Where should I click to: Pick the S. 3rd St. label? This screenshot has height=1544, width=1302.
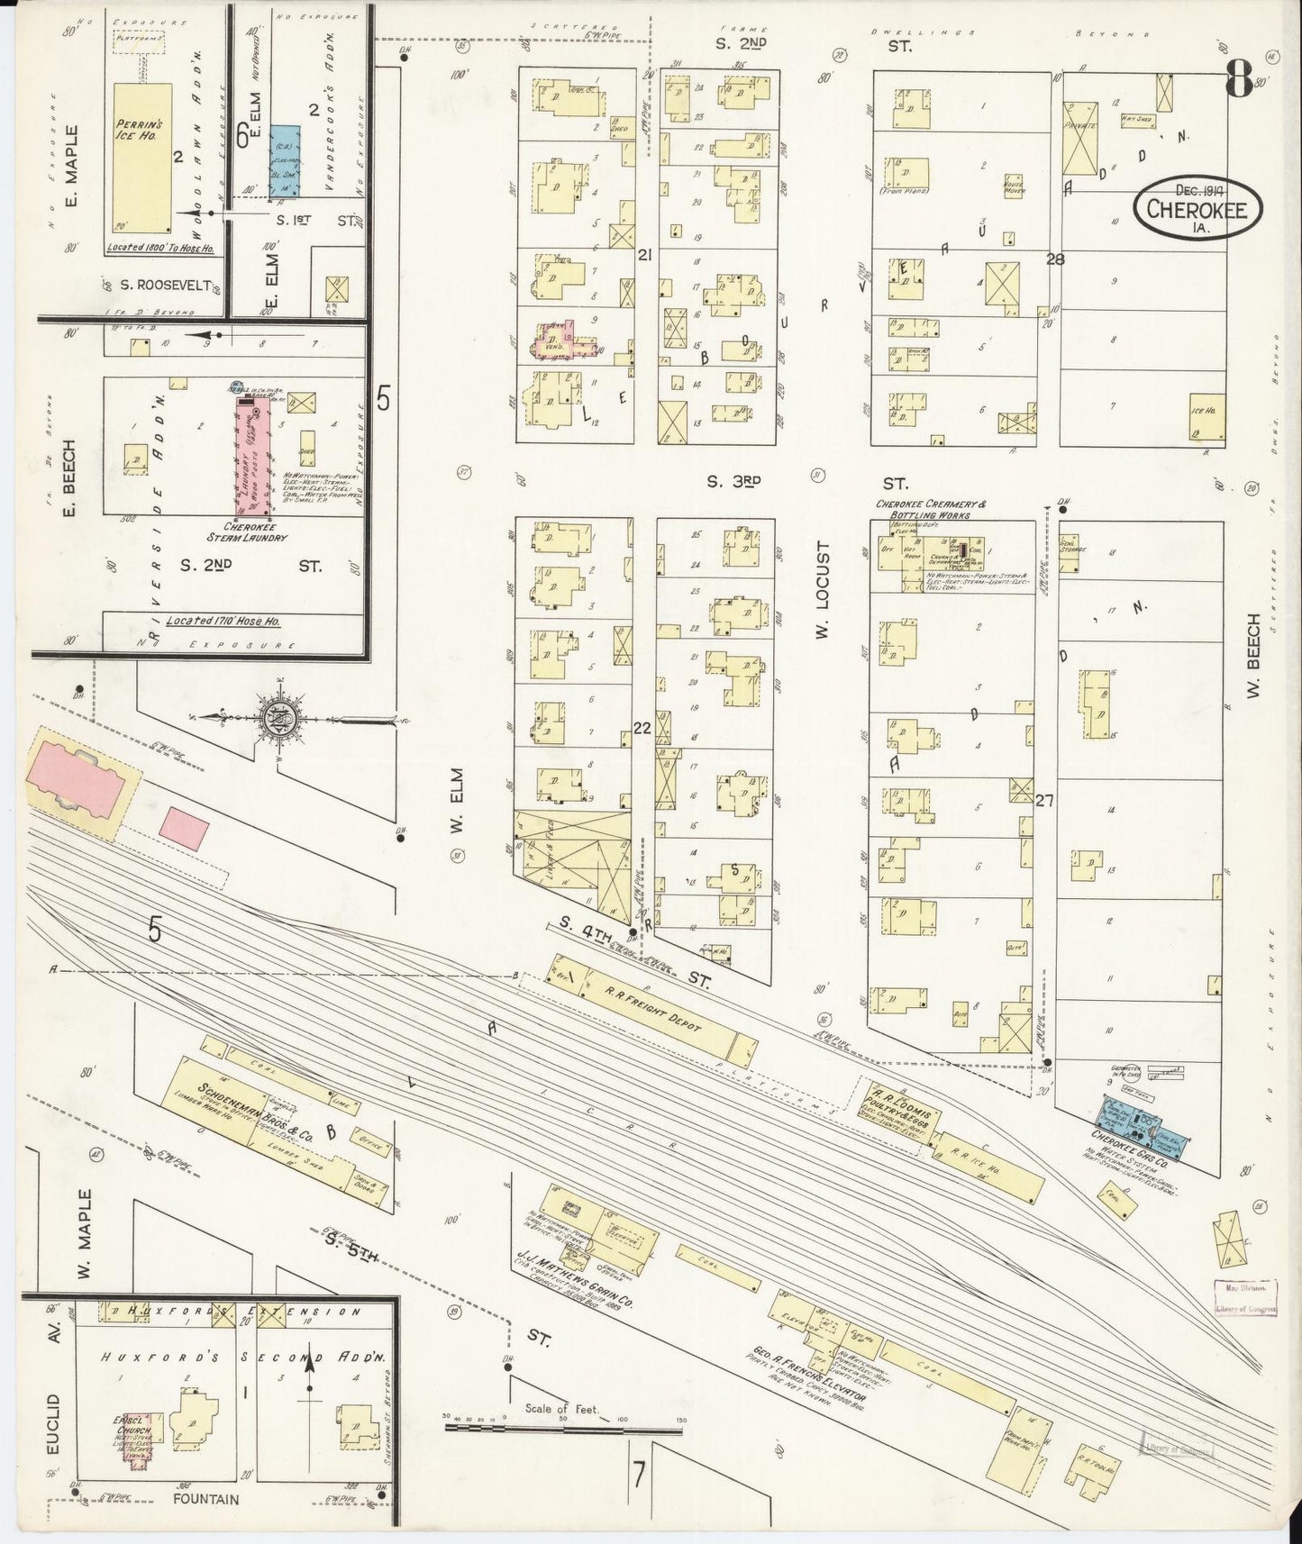[734, 482]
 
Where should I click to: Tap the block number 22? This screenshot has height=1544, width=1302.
[642, 727]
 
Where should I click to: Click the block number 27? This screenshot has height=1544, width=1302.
[1044, 799]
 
